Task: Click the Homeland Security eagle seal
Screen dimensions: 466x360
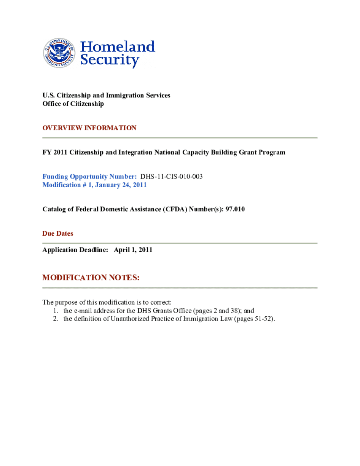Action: click(59, 53)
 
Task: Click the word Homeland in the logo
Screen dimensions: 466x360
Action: click(118, 47)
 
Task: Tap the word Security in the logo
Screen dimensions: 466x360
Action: click(110, 60)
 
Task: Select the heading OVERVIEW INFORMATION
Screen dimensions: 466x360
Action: click(89, 128)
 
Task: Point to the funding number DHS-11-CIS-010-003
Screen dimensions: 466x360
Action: click(172, 177)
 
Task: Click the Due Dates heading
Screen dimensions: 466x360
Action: click(58, 233)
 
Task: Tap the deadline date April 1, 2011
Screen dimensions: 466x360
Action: click(133, 250)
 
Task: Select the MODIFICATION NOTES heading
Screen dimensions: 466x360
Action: click(91, 278)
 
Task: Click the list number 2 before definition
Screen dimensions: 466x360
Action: click(55, 319)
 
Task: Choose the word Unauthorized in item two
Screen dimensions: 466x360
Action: click(128, 319)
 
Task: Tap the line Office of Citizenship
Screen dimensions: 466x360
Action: click(73, 104)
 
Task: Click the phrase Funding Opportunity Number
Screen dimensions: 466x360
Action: click(89, 177)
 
